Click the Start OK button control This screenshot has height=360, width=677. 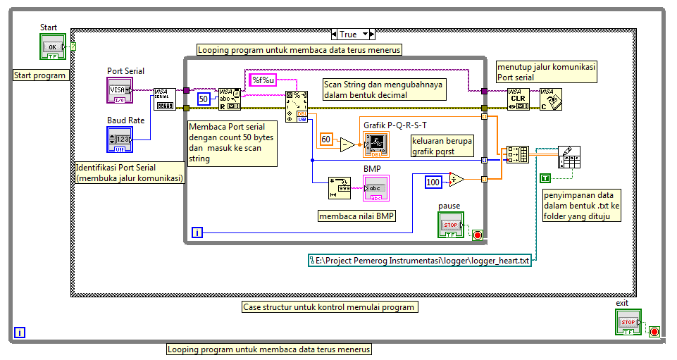[x=51, y=47]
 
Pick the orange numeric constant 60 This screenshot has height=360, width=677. [x=326, y=139]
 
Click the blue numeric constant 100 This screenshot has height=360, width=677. [x=433, y=182]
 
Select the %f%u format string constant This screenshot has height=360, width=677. [x=262, y=80]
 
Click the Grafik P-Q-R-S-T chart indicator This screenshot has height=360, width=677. [x=376, y=144]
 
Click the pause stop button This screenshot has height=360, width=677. [x=451, y=225]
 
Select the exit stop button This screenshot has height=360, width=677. [x=628, y=322]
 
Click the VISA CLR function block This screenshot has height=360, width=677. [x=518, y=99]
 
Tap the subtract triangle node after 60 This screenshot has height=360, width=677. [x=347, y=144]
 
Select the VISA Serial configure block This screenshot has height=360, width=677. [x=164, y=99]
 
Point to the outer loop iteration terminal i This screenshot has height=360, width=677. [x=20, y=333]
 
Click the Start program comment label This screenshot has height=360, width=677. [x=40, y=75]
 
